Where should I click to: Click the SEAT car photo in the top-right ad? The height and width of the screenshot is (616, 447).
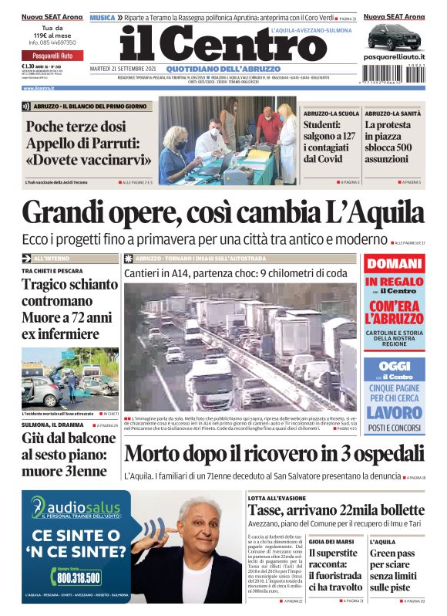click(393, 36)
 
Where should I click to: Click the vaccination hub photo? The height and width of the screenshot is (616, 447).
click(227, 140)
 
